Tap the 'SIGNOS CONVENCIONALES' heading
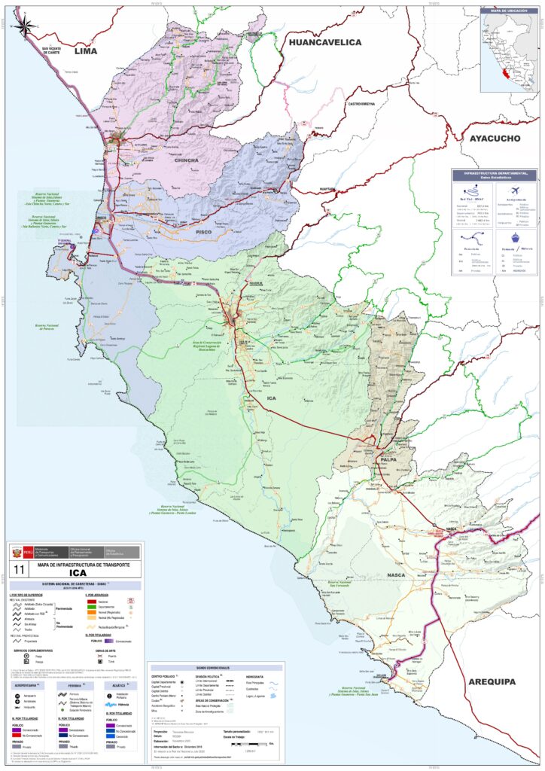[216, 667]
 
